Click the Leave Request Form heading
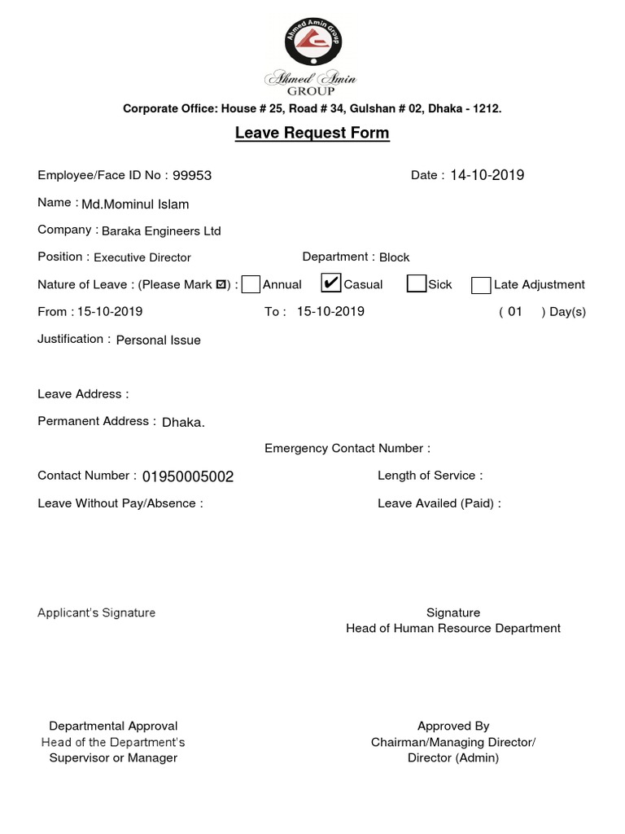coord(312,133)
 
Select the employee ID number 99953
coord(192,175)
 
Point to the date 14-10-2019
coord(487,175)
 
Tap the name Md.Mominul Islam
coord(135,204)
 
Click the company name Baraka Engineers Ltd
coord(161,230)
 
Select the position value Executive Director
coord(142,257)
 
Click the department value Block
coord(395,257)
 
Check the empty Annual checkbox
coord(251,284)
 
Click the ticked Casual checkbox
coord(330,283)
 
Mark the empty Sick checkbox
coord(417,284)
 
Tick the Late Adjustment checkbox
coord(481,285)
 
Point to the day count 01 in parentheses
coord(515,311)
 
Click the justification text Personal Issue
coord(159,340)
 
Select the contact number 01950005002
coord(188,476)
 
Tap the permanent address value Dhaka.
coord(184,422)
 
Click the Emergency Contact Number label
coord(347,449)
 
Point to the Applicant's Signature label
coord(96,612)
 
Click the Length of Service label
coord(430,476)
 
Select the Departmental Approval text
coord(113,726)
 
